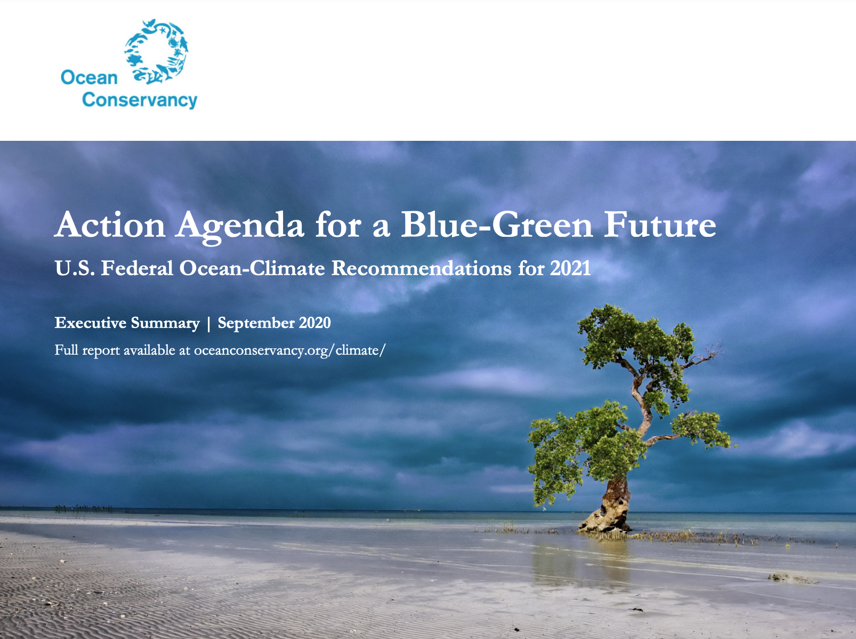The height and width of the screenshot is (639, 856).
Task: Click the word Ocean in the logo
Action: click(x=89, y=78)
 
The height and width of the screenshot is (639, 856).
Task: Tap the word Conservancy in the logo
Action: click(x=140, y=100)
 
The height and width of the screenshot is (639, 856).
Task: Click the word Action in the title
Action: click(x=110, y=225)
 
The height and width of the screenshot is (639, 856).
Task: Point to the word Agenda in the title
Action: click(x=240, y=226)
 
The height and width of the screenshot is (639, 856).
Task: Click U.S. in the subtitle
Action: click(x=75, y=268)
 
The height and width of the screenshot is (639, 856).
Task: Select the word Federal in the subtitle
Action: click(x=137, y=268)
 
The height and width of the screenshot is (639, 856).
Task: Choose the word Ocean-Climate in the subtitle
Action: click(x=252, y=268)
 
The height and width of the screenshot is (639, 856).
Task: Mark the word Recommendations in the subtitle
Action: click(x=421, y=268)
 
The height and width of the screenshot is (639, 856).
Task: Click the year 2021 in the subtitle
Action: click(x=570, y=268)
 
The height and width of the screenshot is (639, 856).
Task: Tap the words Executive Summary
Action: click(x=127, y=323)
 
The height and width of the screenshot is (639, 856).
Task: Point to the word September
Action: click(x=256, y=323)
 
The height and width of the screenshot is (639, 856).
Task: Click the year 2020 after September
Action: click(x=315, y=323)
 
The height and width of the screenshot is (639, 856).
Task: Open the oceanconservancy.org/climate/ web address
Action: click(x=289, y=350)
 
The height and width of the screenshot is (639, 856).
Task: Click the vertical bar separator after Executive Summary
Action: click(x=208, y=323)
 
